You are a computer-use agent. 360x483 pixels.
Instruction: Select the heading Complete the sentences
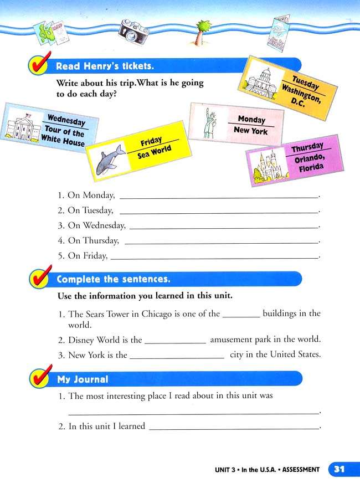[114, 279]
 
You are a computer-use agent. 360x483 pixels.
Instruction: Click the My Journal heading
[83, 379]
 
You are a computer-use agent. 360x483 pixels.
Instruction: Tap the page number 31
[338, 469]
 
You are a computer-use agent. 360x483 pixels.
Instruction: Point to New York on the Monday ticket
[250, 131]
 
